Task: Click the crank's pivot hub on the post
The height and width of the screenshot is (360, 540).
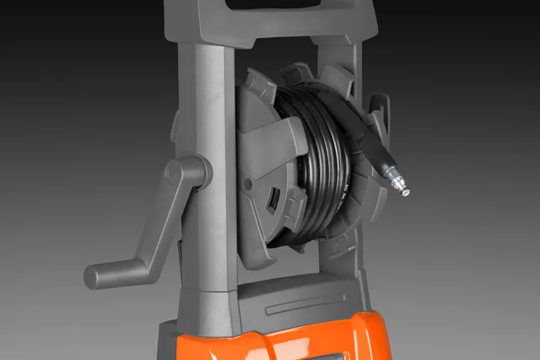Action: coord(187,173)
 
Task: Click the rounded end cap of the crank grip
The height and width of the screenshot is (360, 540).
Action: coord(91,276)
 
